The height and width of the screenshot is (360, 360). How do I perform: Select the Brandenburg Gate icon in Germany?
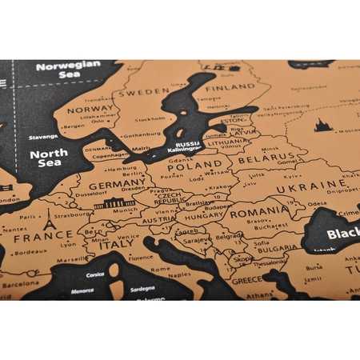114,203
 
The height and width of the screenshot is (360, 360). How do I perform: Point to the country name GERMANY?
118,186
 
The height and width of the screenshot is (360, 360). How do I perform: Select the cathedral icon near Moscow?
322,124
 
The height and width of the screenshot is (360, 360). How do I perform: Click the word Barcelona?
20,284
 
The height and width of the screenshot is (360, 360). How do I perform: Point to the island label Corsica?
95,275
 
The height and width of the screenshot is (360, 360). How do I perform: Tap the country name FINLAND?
229,87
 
